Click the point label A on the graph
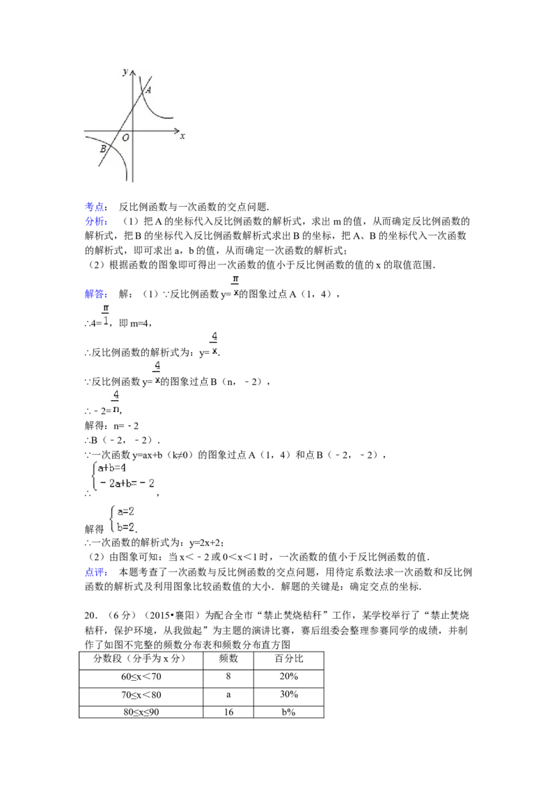pos(149,90)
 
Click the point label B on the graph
pos(102,149)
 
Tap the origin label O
pos(125,139)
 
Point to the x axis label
pos(182,137)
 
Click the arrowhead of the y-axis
pos(132,70)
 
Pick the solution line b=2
pos(125,527)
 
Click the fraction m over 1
pos(106,315)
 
